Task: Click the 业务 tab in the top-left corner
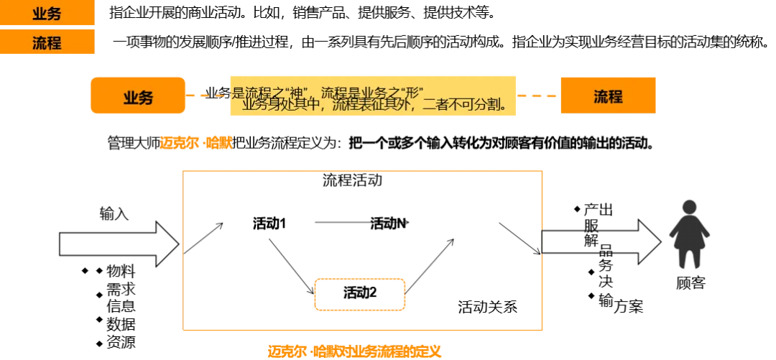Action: point(47,13)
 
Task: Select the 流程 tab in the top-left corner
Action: point(47,42)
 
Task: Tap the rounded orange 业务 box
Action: point(138,97)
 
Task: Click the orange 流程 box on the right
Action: point(608,96)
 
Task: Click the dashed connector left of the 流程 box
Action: point(537,95)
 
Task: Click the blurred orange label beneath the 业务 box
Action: point(195,142)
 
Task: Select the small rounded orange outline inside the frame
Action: point(359,294)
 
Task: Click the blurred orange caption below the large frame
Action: point(354,351)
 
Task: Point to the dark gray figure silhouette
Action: point(689,234)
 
